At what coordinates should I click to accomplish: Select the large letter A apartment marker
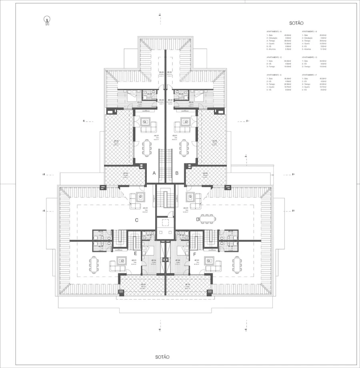[x=154, y=173]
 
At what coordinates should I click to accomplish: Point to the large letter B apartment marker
[x=177, y=173]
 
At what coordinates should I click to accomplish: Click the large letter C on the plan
[x=136, y=220]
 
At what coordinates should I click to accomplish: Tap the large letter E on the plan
[x=136, y=253]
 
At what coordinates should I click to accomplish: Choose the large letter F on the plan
[x=194, y=253]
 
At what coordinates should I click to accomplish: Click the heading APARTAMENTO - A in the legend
[x=274, y=32]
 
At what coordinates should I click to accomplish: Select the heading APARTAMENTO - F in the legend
[x=310, y=75]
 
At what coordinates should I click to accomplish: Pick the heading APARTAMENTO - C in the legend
[x=274, y=57]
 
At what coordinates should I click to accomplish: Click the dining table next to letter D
[x=207, y=218]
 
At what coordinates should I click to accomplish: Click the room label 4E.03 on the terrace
[x=143, y=285]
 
